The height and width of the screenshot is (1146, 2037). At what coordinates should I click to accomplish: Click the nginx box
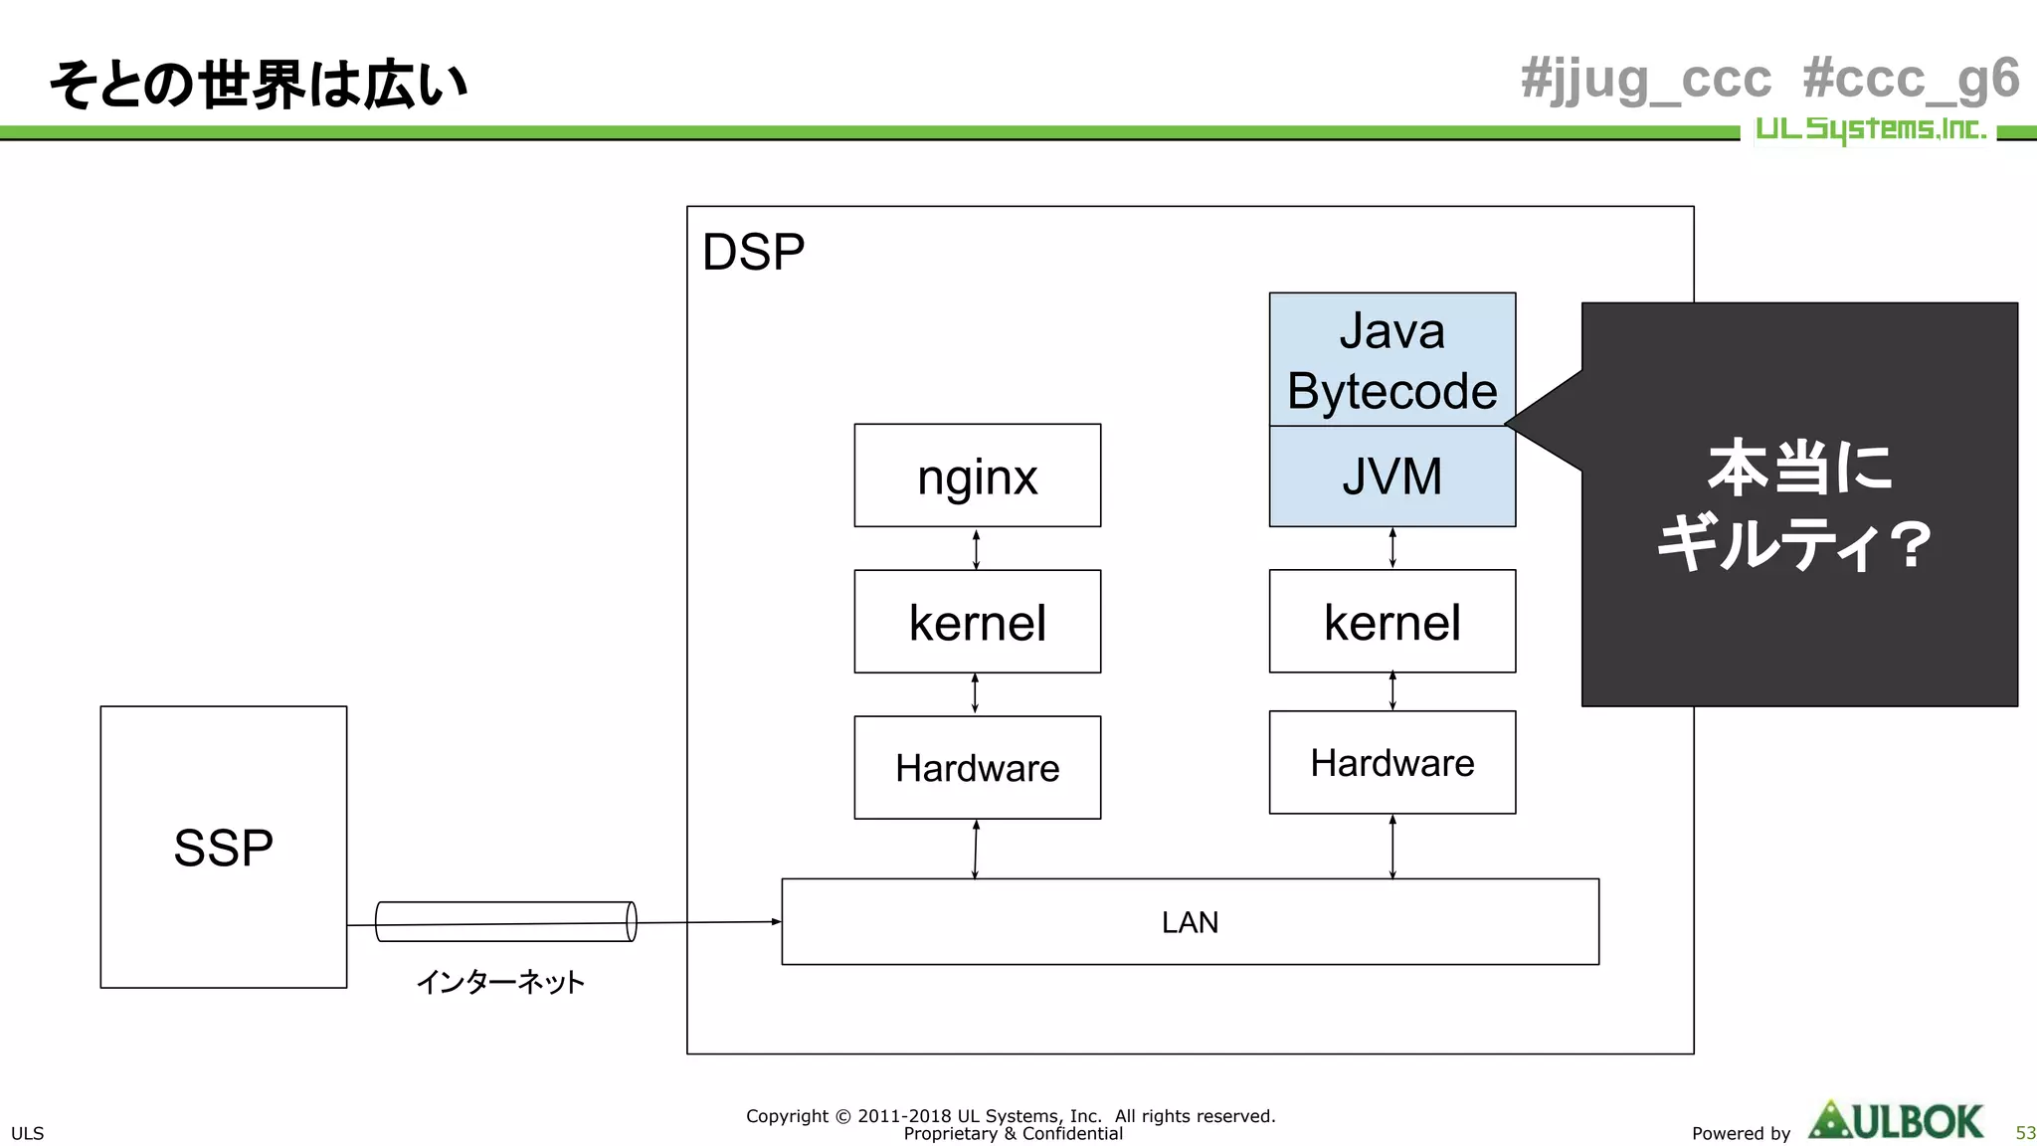coord(977,476)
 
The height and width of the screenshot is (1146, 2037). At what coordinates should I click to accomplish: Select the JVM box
coord(1391,477)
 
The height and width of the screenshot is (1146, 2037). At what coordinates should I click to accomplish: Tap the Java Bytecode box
coord(1391,360)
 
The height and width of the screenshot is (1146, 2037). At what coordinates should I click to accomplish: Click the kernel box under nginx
coord(977,622)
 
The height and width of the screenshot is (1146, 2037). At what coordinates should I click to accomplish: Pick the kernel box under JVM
coord(1391,622)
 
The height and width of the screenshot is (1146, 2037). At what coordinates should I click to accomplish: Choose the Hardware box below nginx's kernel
coord(977,768)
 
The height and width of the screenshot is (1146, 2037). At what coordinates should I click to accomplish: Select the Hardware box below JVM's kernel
coord(1391,763)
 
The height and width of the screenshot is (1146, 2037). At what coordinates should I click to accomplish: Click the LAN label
coord(1190,922)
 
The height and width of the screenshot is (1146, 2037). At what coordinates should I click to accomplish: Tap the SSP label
coord(223,848)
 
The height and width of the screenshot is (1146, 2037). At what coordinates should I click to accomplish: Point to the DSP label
coord(753,252)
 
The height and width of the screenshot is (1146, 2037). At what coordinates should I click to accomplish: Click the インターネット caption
coord(499,982)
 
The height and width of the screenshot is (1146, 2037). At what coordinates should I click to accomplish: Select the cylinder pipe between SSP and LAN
coord(505,921)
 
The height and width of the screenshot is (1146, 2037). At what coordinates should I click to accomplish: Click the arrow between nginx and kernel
coord(976,549)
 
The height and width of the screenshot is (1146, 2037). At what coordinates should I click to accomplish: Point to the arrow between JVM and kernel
coord(1392,548)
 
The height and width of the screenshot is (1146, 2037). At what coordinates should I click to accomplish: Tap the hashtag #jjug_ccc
coord(1645,79)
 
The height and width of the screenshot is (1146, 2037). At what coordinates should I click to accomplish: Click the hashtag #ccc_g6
coord(1910,79)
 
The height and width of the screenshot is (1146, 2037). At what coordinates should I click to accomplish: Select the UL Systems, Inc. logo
coord(1869,129)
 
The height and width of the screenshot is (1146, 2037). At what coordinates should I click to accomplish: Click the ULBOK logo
coord(1896,1121)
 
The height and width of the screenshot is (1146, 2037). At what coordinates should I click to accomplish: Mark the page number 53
coord(2025,1133)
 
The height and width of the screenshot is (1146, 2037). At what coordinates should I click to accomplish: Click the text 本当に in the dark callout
coord(1799,468)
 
